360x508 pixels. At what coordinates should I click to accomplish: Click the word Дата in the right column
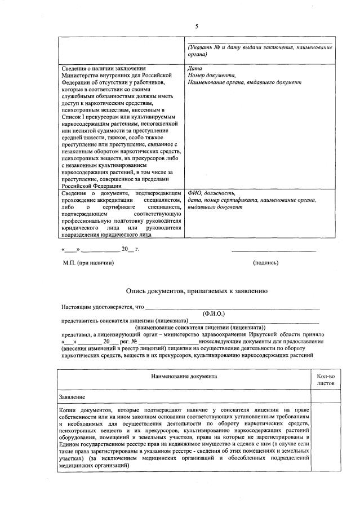(x=193, y=69)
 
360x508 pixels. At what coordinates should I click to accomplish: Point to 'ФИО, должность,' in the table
(x=211, y=193)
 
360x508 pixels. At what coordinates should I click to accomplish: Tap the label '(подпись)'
(x=265, y=262)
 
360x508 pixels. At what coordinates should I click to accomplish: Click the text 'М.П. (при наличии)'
(x=88, y=262)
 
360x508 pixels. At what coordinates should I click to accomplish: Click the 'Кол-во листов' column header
(x=326, y=379)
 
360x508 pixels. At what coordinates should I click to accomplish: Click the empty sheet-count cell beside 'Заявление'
(x=326, y=397)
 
